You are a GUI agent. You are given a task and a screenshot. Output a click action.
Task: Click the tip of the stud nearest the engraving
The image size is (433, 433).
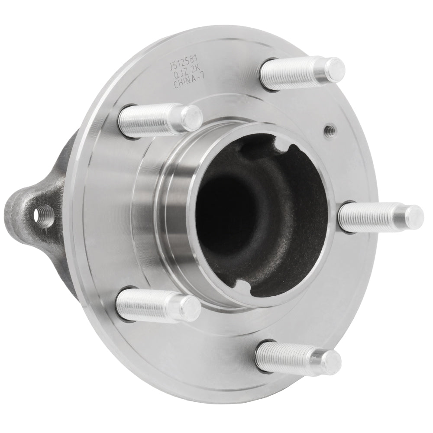tap(191, 117)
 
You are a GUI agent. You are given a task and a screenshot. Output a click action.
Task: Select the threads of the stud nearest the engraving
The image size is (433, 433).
tap(147, 119)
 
